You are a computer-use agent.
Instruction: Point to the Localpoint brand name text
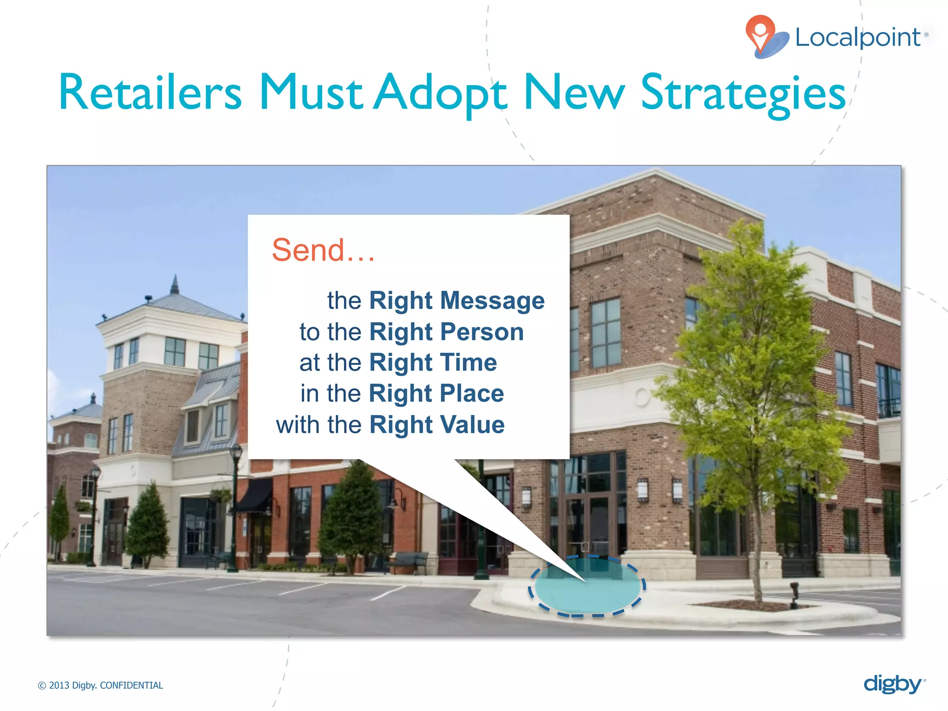[x=858, y=37]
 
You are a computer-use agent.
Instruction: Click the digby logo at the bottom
[x=893, y=684]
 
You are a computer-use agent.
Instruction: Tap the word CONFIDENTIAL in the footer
[x=131, y=686]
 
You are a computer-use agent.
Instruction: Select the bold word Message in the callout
[x=492, y=300]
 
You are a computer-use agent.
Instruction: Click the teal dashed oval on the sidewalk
[x=587, y=587]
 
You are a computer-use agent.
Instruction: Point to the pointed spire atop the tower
[x=175, y=284]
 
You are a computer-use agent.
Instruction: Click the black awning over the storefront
[x=255, y=495]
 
